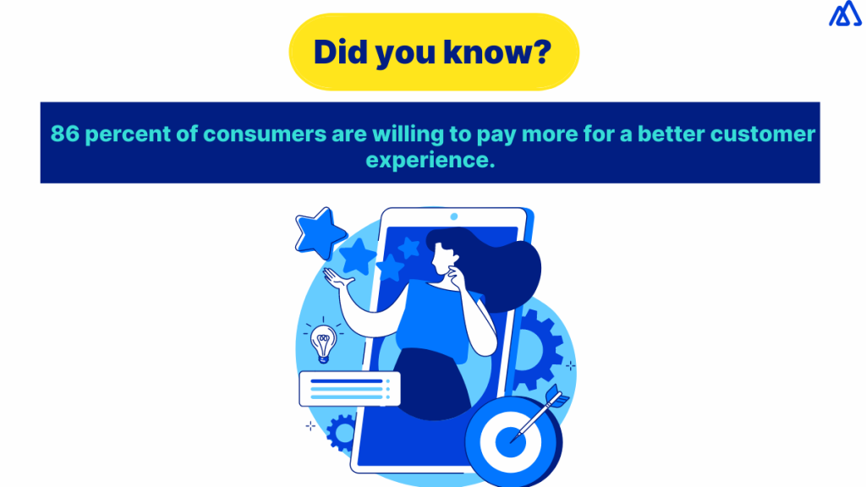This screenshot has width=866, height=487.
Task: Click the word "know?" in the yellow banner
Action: (x=496, y=52)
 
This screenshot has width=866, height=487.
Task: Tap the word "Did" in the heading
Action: (x=341, y=52)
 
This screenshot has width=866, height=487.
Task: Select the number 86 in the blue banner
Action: (x=65, y=134)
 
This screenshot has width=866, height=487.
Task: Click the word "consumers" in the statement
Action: (x=265, y=134)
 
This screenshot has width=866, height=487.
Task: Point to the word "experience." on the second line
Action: (x=430, y=161)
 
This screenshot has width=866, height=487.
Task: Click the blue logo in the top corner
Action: (x=845, y=14)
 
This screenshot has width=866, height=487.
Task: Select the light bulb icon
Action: (x=324, y=343)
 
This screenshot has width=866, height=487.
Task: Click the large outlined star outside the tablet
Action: (x=321, y=233)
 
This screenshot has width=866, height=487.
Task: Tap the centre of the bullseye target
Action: (x=510, y=442)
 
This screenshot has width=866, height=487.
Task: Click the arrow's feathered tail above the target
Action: (x=556, y=396)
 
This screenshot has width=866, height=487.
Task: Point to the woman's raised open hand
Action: (x=337, y=276)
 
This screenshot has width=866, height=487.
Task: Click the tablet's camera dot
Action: (x=454, y=216)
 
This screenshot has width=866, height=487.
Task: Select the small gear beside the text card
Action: (x=341, y=432)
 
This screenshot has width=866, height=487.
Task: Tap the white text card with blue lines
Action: (x=349, y=389)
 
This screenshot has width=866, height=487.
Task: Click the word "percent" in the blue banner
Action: (x=129, y=134)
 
